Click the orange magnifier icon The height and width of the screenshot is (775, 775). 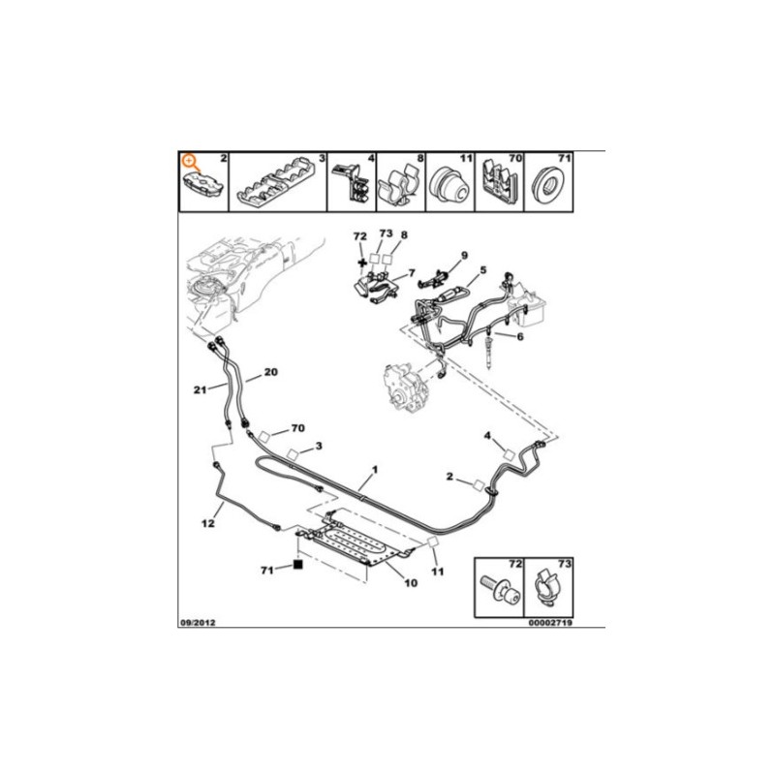(190, 162)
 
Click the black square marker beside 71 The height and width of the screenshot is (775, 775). (298, 565)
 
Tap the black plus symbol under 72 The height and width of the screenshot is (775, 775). (361, 262)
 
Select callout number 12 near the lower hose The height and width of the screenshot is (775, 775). (208, 522)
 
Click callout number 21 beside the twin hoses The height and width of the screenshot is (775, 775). (200, 390)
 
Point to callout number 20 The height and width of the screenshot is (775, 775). (271, 372)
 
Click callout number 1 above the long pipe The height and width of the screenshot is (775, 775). (375, 469)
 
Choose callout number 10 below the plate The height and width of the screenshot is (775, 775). (411, 583)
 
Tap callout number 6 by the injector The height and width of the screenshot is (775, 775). (520, 336)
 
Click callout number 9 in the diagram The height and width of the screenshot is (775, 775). (464, 255)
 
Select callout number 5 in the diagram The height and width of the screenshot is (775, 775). (482, 270)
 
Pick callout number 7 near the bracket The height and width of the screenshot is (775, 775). (411, 273)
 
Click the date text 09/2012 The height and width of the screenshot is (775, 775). (197, 623)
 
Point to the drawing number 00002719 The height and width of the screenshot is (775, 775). (550, 623)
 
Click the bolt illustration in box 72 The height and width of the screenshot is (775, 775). (499, 590)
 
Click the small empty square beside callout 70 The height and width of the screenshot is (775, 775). (263, 437)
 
